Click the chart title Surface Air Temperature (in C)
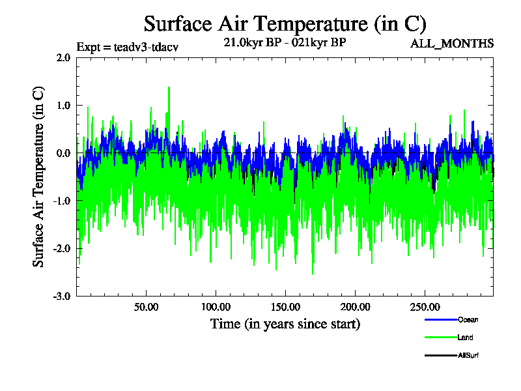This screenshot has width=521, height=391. pyautogui.click(x=285, y=24)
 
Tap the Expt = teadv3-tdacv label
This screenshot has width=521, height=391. pyautogui.click(x=127, y=47)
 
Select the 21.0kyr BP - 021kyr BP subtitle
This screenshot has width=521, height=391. pyautogui.click(x=285, y=43)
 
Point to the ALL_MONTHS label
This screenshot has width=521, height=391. pyautogui.click(x=452, y=44)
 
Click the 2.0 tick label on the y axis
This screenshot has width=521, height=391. pyautogui.click(x=63, y=57)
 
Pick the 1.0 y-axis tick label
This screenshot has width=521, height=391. pyautogui.click(x=63, y=106)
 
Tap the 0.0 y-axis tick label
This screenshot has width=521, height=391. pyautogui.click(x=63, y=153)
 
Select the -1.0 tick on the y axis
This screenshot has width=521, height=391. pyautogui.click(x=62, y=201)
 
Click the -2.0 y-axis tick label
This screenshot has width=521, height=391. pyautogui.click(x=62, y=248)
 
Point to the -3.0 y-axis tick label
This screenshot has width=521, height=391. pyautogui.click(x=62, y=296)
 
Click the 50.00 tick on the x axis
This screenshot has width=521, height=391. pyautogui.click(x=146, y=307)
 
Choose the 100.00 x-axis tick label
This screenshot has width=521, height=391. pyautogui.click(x=216, y=307)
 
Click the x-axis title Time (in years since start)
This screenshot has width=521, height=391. pyautogui.click(x=285, y=323)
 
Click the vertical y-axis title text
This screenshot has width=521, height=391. pyautogui.click(x=39, y=176)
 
